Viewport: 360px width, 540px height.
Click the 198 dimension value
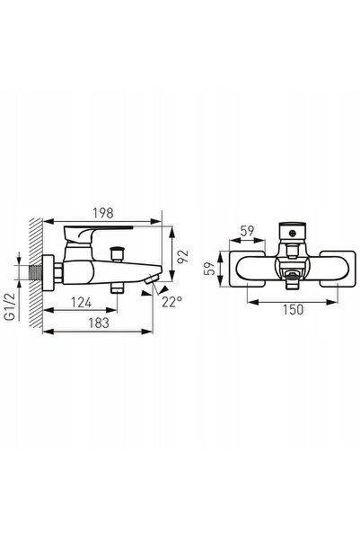[x=103, y=213]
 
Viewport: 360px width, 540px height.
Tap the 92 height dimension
[x=183, y=255]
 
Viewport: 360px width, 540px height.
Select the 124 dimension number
[x=81, y=303]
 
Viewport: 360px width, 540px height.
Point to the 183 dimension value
[x=99, y=323]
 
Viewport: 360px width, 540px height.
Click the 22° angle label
[x=172, y=302]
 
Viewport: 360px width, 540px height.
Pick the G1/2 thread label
[x=12, y=307]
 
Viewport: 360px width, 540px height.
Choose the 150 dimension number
[x=294, y=310]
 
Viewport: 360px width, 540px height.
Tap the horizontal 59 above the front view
[x=247, y=231]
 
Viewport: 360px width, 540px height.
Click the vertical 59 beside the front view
[x=209, y=269]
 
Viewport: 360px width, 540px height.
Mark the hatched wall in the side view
[x=36, y=273]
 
